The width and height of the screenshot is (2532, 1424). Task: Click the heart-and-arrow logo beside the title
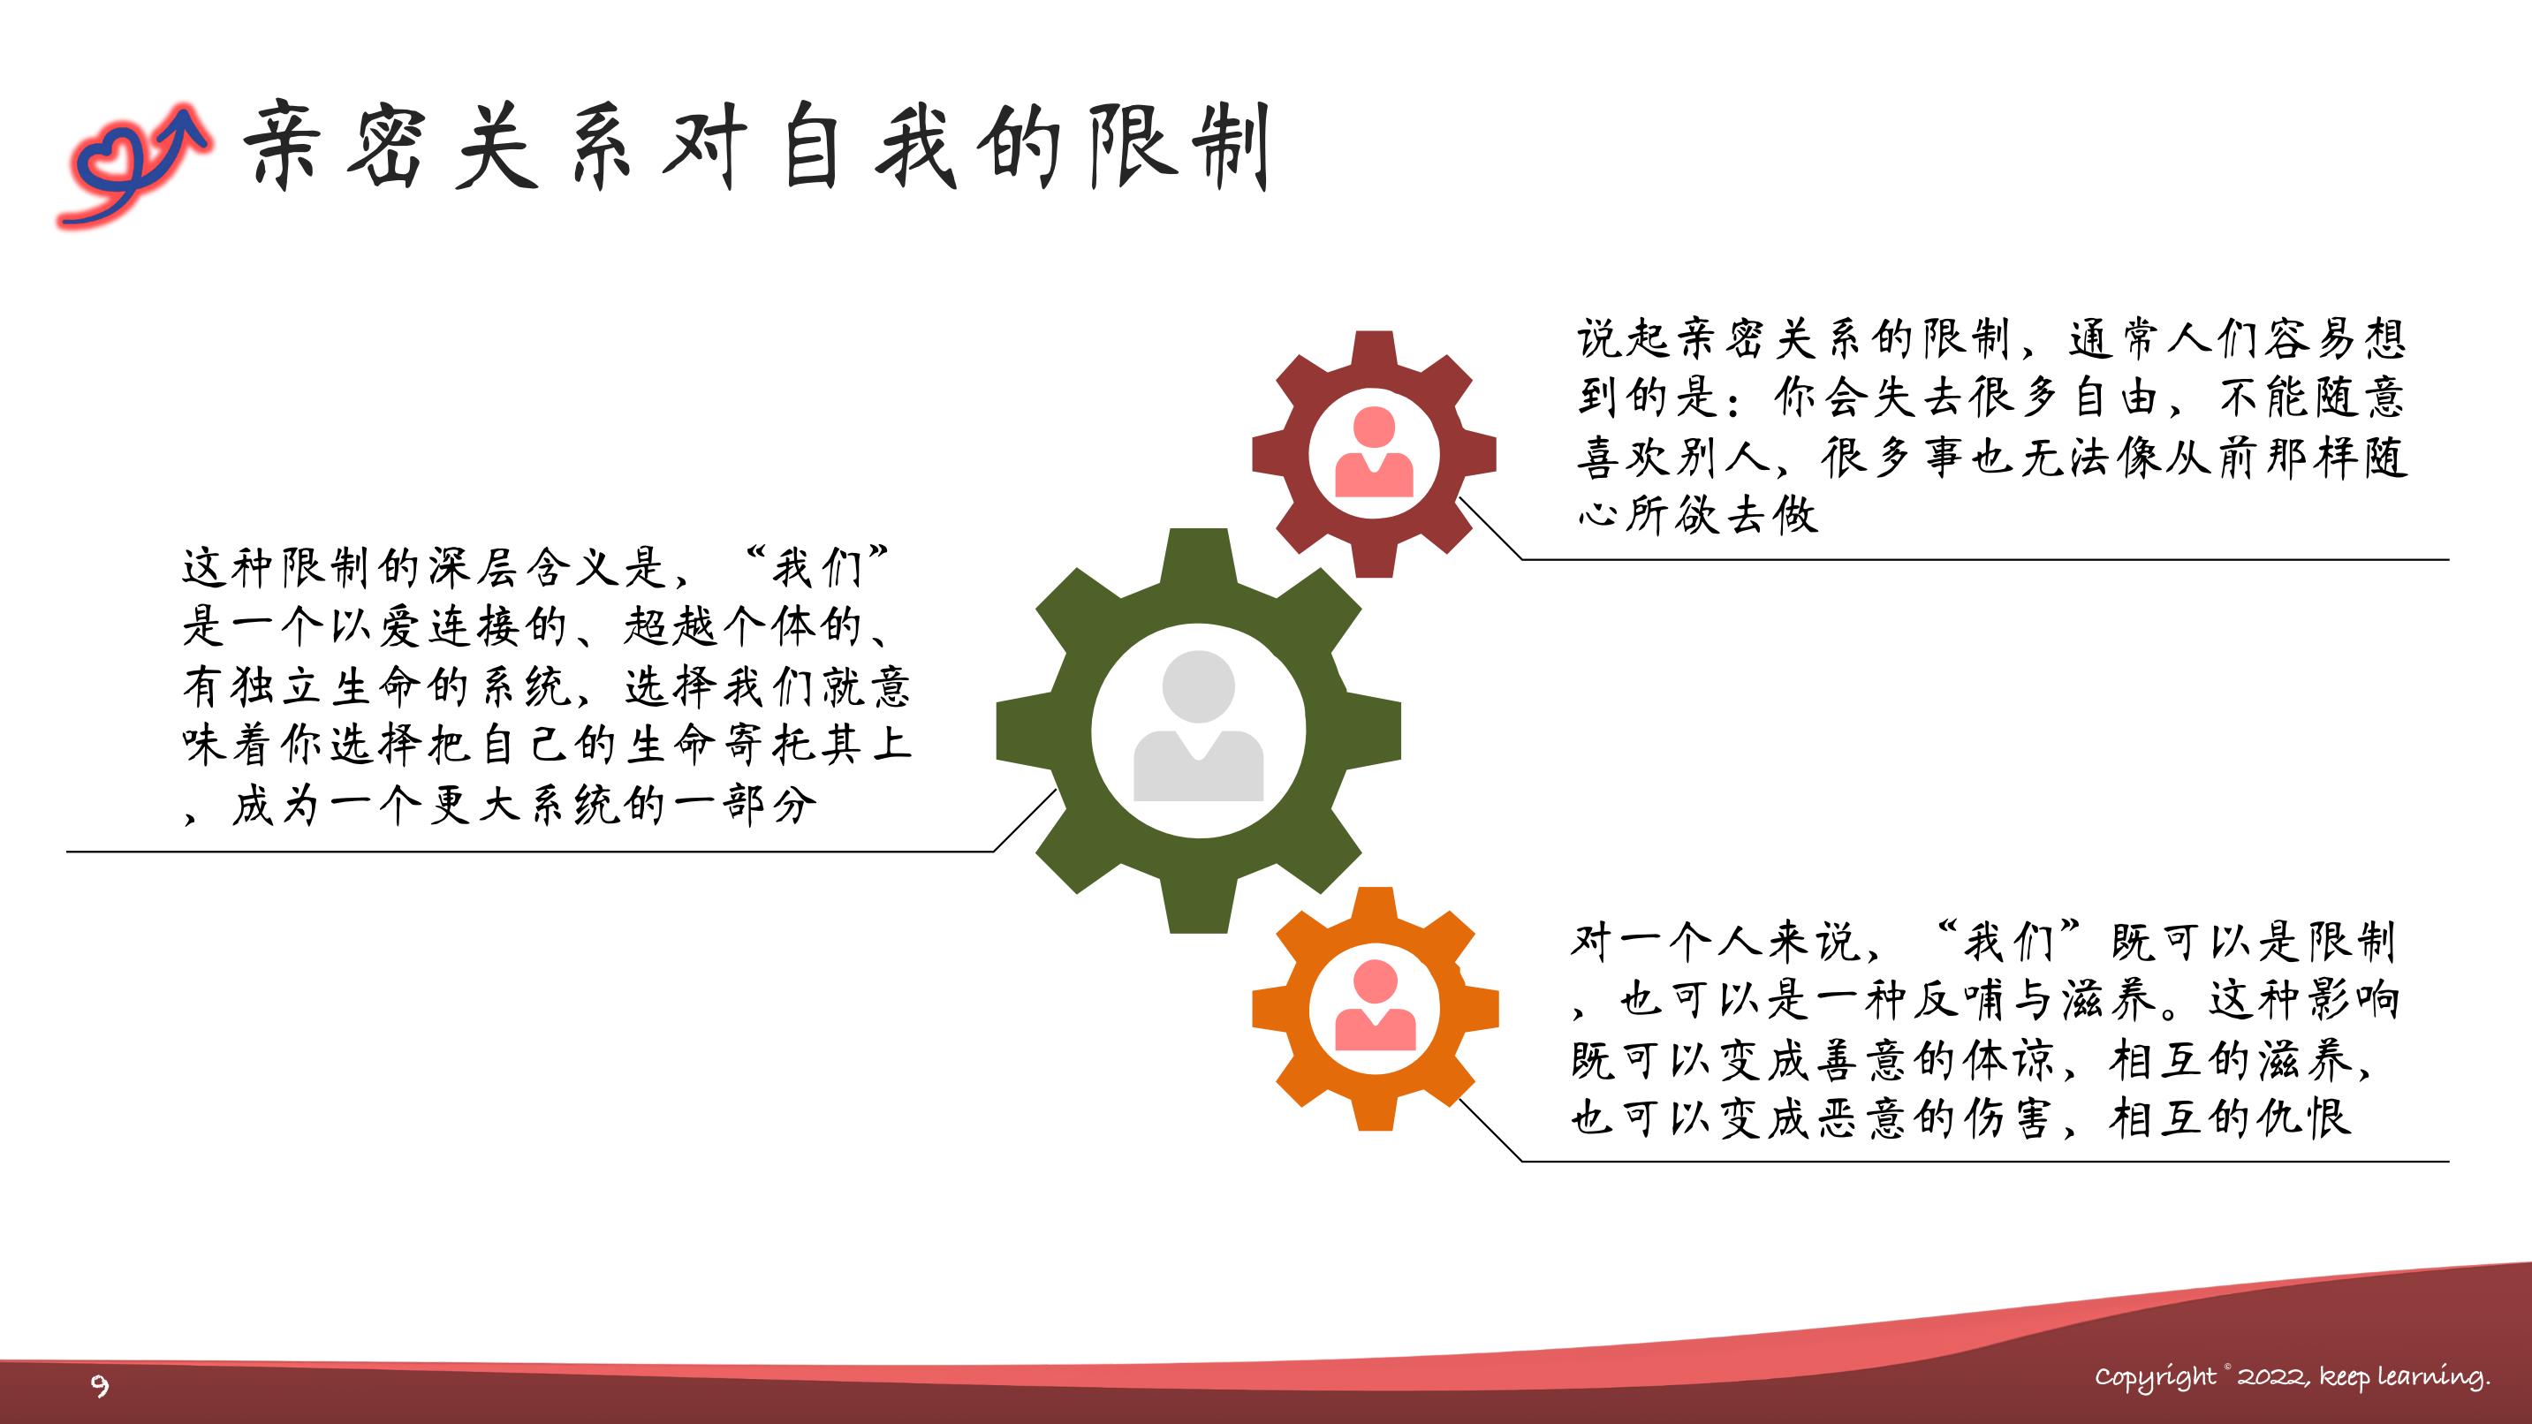point(133,163)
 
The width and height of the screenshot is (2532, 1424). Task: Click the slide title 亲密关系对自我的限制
point(757,146)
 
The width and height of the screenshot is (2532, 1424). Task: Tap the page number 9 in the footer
point(99,1386)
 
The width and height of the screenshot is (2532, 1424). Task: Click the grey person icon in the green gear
point(1198,725)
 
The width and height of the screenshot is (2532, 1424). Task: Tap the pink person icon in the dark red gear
point(1374,453)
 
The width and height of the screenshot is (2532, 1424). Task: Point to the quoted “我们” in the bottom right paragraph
point(2007,942)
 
